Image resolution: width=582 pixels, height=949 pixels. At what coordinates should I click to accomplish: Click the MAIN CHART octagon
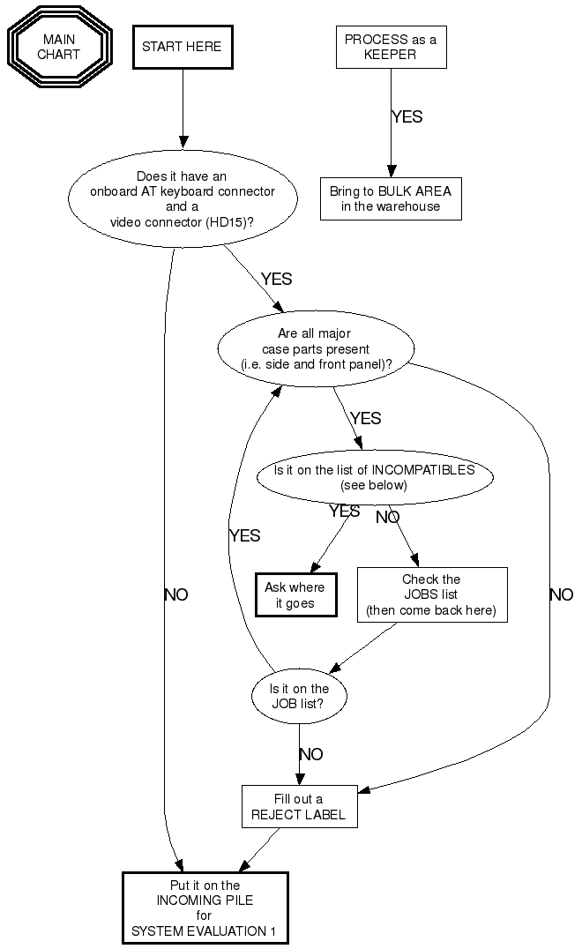(58, 48)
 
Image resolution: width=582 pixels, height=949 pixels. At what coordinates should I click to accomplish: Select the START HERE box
(183, 47)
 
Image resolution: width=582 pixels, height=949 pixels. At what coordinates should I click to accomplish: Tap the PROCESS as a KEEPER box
(391, 47)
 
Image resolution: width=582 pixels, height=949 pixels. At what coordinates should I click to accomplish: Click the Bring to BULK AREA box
(391, 199)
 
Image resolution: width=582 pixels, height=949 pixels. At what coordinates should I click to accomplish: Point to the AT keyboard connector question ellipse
(183, 198)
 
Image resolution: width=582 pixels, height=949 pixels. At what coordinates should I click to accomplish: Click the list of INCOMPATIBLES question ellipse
(374, 477)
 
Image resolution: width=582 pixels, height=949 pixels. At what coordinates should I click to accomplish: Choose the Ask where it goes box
(295, 595)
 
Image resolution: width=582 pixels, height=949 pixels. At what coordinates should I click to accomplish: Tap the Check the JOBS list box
(431, 594)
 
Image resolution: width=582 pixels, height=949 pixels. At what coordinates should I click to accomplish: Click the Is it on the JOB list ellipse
(299, 697)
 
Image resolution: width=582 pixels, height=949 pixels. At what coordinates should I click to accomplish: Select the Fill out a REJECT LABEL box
(299, 806)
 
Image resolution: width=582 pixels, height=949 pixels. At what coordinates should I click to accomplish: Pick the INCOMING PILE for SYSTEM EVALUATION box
(205, 908)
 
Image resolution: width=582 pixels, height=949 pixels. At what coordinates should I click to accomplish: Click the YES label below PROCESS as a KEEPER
(407, 116)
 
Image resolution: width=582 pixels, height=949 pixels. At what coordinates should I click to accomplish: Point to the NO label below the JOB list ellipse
(310, 754)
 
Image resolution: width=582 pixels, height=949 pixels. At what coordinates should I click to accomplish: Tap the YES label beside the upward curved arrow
(244, 535)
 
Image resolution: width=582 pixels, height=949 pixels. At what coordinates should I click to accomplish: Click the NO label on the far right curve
(561, 594)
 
